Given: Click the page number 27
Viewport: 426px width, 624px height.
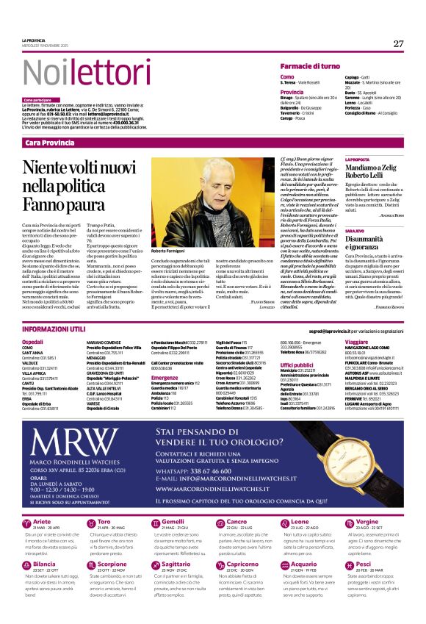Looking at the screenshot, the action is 398,43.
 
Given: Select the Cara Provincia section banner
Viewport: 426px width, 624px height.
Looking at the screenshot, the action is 49,142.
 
